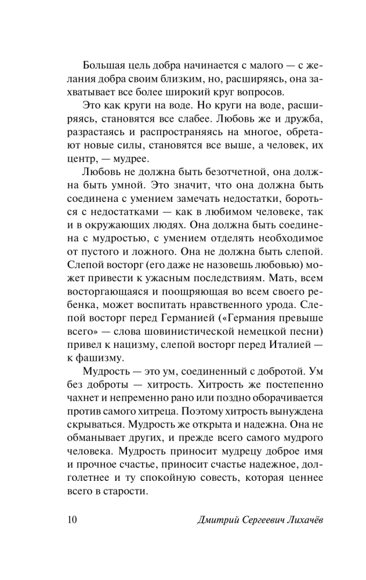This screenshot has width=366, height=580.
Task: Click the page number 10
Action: pos(66,519)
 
